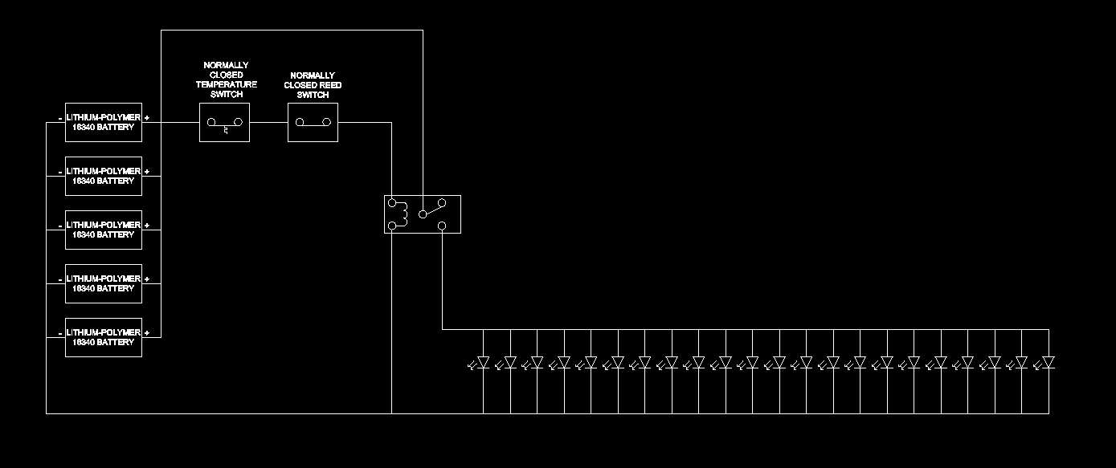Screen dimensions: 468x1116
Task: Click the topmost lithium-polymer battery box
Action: click(x=103, y=122)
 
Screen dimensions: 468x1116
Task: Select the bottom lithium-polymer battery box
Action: click(x=103, y=337)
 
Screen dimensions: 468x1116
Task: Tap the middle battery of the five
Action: click(x=103, y=230)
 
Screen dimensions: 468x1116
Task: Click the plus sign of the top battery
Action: click(x=147, y=118)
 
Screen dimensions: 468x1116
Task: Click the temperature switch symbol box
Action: click(x=224, y=122)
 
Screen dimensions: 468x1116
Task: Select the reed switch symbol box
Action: click(x=313, y=122)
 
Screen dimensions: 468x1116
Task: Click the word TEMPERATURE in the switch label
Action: click(x=227, y=84)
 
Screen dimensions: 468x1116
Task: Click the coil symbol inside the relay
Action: click(x=405, y=214)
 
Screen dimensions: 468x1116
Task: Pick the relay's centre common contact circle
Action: click(x=423, y=215)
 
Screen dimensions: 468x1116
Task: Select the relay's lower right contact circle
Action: click(x=442, y=226)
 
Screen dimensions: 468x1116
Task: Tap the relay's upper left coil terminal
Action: click(x=392, y=203)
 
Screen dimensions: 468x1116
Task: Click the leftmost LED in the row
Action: click(x=482, y=363)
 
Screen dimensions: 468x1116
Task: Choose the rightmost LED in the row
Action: click(x=1047, y=363)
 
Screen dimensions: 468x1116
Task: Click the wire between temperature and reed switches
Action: click(x=268, y=122)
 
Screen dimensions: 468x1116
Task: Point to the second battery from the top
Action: click(x=103, y=176)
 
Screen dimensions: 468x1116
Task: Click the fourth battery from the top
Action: click(x=103, y=283)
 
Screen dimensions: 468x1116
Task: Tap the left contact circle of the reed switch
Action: click(x=299, y=123)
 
